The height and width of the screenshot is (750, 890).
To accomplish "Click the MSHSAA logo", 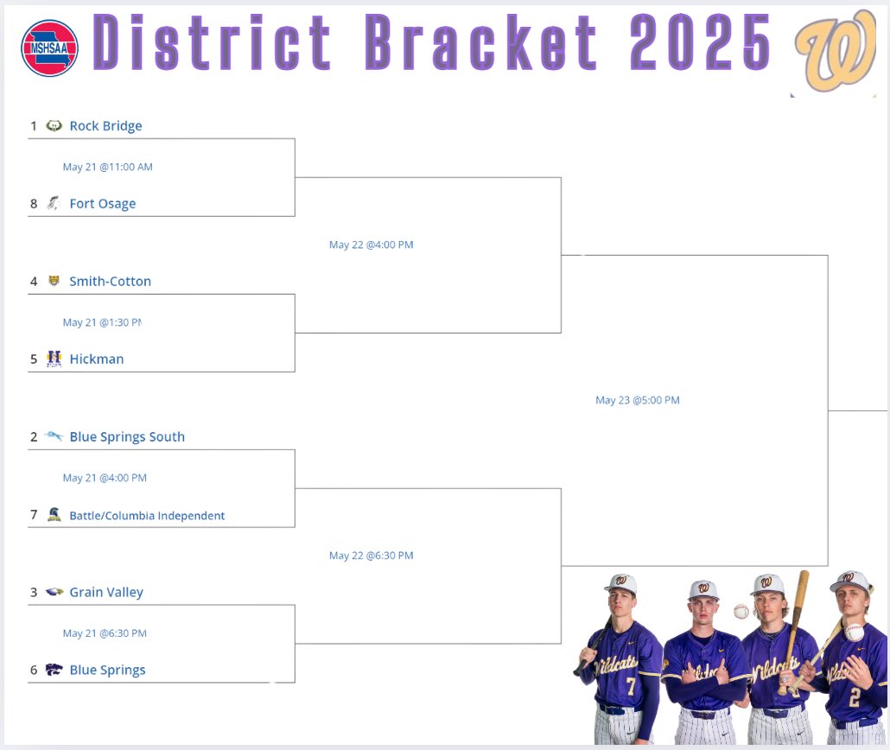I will (x=49, y=48).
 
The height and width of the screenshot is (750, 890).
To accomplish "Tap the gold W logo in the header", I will (x=836, y=52).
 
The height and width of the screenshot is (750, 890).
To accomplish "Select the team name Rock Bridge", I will (x=105, y=126).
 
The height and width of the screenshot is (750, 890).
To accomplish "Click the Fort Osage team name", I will (x=103, y=204).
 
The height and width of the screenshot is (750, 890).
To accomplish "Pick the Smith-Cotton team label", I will (x=110, y=282).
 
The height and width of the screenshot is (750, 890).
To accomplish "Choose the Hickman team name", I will (x=97, y=359).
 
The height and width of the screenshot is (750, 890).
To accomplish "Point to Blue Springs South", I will (x=127, y=437).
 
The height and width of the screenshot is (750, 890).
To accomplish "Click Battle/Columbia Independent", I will (x=147, y=516).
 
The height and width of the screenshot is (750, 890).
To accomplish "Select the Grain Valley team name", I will (x=106, y=593).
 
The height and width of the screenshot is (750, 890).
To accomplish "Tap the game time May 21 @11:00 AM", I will (x=107, y=167).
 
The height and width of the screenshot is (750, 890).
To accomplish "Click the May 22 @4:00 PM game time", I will (x=371, y=245).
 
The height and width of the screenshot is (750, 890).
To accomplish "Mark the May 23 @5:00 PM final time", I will (x=637, y=400).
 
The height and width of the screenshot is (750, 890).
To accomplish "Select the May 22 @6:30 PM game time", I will (x=371, y=556).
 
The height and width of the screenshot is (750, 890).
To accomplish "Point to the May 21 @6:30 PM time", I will (x=105, y=633).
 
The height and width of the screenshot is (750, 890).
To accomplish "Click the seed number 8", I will (x=34, y=204).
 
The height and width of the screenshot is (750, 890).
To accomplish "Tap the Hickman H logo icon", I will (x=54, y=359).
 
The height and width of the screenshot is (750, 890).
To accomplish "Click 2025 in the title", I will (x=701, y=41).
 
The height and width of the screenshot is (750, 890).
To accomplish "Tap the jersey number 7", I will (x=631, y=686).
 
